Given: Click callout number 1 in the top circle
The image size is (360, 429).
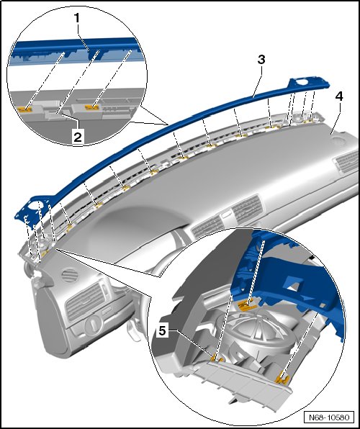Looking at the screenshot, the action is [77, 19].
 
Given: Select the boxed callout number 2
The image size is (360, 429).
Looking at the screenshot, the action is [78, 136].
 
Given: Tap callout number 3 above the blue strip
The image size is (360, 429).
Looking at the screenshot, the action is [261, 59].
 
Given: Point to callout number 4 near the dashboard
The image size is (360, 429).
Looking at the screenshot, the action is [339, 96].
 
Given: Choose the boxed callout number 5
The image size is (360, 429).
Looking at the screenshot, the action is [163, 331].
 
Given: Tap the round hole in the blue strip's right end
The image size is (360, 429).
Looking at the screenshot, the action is [302, 82].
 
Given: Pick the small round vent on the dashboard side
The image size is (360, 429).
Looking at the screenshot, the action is [70, 276].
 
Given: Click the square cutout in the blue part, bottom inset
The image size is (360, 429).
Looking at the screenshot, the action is [295, 283].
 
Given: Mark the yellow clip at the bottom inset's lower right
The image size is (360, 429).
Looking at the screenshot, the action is [282, 379].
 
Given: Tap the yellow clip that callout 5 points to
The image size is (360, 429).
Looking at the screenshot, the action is [215, 357].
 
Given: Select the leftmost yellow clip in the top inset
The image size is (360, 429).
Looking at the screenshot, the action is [24, 109].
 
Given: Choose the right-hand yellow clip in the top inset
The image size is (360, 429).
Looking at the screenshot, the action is [92, 107].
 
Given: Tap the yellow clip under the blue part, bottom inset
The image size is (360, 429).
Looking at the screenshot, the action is [247, 304].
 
